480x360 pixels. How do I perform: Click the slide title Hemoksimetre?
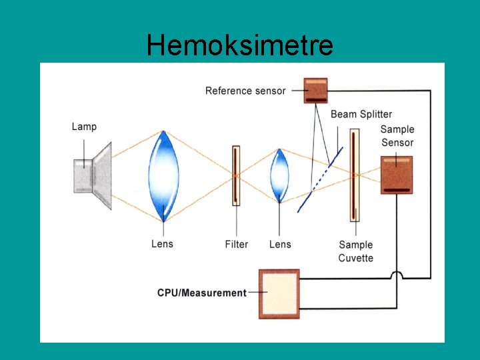coord(240,45)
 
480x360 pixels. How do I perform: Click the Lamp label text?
coord(84,127)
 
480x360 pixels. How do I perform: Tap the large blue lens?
coord(163,176)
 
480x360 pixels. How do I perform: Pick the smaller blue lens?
coord(279,176)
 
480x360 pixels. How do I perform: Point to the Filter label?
coord(236,245)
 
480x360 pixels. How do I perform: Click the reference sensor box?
coord(316,90)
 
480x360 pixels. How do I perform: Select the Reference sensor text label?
coord(245,91)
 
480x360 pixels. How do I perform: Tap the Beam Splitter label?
coord(361,115)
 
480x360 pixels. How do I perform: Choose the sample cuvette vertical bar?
coord(355,175)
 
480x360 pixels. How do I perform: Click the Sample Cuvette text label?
coord(355,251)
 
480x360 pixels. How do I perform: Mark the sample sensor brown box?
coord(397,175)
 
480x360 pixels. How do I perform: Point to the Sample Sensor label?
coord(397,136)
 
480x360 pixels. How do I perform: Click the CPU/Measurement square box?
coord(279,293)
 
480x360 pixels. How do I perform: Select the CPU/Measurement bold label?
coord(202,293)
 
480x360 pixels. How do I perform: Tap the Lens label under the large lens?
coord(162,245)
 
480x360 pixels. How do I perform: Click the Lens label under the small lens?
coord(280,245)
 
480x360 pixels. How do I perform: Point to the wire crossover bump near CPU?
coord(396,275)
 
